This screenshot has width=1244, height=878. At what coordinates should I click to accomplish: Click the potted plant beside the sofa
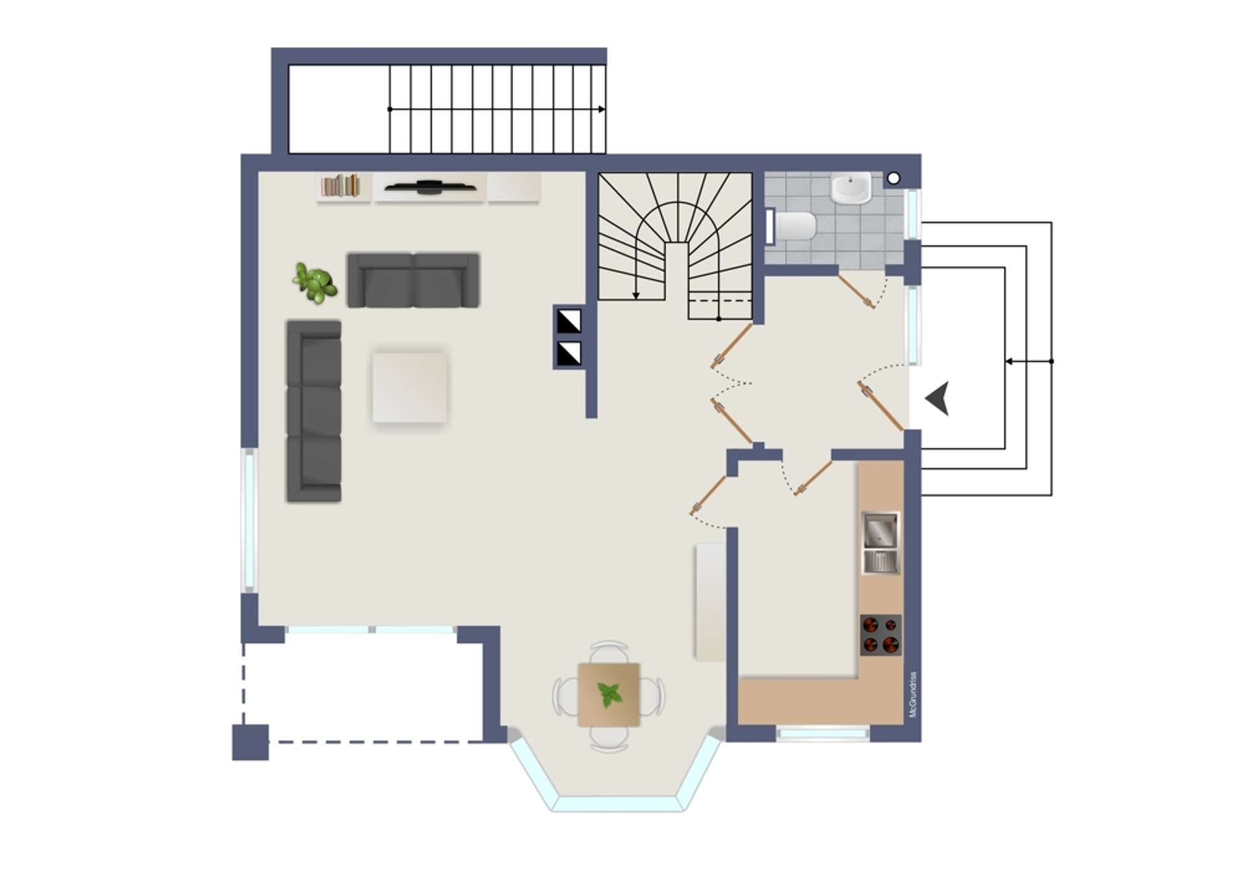point(315,282)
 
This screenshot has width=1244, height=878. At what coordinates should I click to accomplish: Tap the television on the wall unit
point(429,187)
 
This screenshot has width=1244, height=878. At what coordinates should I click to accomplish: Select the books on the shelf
point(341,186)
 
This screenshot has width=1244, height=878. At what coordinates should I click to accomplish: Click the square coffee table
point(409,387)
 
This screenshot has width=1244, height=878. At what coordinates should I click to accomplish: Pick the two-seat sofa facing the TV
point(413,280)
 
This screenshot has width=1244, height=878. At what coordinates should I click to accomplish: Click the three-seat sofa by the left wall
point(314,411)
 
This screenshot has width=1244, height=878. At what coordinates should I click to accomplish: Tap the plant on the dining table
point(609,695)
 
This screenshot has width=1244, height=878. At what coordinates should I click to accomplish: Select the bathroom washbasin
point(851,188)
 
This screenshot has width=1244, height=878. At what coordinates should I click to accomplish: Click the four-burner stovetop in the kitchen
point(881,635)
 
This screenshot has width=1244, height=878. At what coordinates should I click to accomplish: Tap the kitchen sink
point(881,543)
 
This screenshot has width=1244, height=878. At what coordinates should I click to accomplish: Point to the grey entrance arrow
point(938,398)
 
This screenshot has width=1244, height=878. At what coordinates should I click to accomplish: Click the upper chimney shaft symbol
point(570,321)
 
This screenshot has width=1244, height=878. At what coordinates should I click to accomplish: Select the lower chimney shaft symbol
point(570,354)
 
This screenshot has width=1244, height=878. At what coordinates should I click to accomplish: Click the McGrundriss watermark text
point(913,694)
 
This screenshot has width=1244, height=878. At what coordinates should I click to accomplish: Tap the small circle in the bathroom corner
point(893,178)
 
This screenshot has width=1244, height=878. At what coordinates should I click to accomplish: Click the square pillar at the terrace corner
point(250,742)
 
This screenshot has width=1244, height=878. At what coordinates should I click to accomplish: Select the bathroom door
point(857,291)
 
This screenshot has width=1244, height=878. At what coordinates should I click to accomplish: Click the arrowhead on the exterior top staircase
point(602,109)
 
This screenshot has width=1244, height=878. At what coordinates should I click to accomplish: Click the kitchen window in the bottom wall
point(823,734)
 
